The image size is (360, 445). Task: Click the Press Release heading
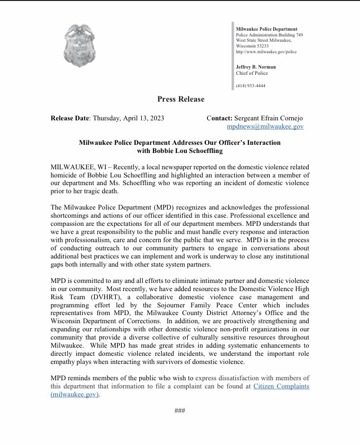180,99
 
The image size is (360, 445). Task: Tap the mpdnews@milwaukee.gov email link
265,127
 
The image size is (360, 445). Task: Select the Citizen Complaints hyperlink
281,386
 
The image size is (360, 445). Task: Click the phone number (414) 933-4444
251,86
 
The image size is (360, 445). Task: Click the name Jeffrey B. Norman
255,67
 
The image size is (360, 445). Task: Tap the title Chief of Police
252,73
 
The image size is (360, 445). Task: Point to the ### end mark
180,410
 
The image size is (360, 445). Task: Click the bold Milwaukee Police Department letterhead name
266,29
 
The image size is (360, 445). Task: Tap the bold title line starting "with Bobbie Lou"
180,152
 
